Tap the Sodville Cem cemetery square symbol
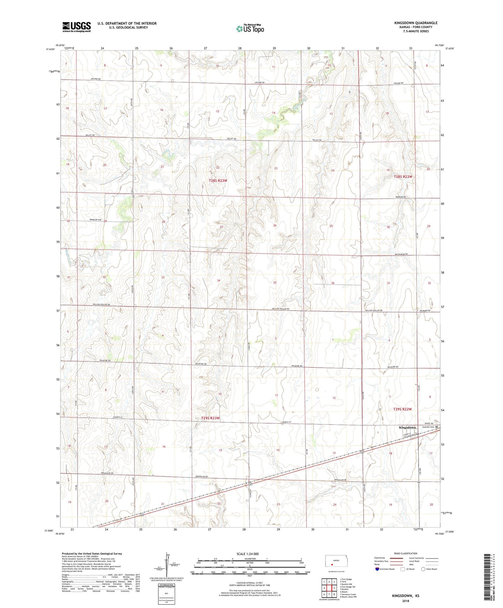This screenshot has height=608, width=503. point(437,427)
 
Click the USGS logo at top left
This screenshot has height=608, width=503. point(76,27)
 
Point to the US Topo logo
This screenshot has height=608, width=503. point(250,29)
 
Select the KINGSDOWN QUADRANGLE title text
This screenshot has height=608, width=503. point(416,23)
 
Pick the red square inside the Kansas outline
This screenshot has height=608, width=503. point(332,565)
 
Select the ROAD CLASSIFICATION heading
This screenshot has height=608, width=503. point(406,553)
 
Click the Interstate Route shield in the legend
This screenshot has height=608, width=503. point(377,569)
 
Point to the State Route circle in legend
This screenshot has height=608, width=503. point(423,569)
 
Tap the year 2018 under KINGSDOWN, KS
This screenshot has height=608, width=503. point(406,601)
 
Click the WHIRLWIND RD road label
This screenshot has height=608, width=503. point(401,255)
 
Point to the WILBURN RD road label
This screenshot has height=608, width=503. point(425,310)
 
